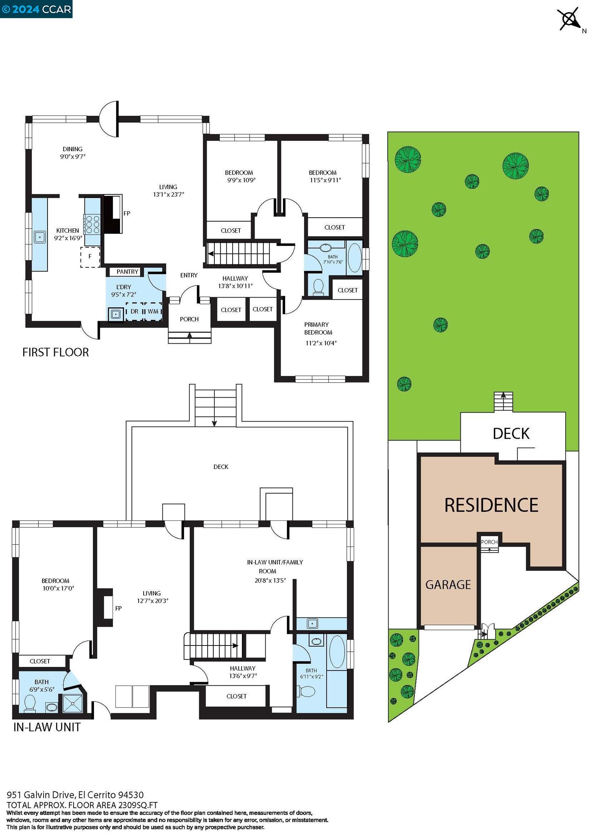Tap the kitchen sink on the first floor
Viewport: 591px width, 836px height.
39,237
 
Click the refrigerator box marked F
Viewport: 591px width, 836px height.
90,257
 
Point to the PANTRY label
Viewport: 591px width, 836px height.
127,272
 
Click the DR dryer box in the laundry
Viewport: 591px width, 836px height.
134,311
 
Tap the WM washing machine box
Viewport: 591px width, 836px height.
153,311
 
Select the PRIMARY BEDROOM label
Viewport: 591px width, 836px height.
318,328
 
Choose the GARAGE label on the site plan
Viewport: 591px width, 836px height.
448,585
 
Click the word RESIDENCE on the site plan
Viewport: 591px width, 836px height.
491,505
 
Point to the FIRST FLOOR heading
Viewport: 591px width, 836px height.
56,352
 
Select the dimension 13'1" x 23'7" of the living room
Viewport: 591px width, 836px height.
168,194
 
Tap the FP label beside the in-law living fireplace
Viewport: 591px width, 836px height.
118,608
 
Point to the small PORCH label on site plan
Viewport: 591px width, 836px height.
489,542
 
